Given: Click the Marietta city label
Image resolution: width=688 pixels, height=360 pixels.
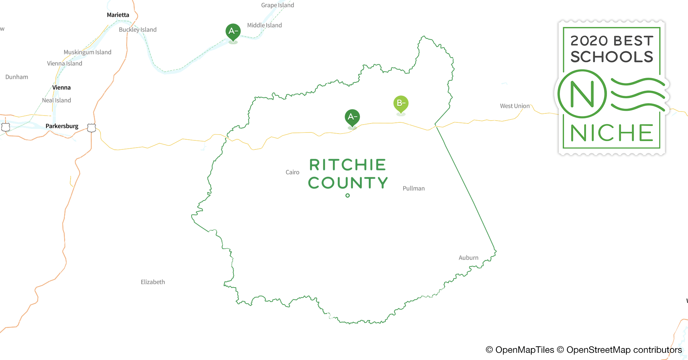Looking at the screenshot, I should tap(118, 15).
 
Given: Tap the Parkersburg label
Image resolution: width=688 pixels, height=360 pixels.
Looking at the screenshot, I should tap(62, 126).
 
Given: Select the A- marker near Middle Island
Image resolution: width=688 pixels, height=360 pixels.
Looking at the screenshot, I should tap(233, 32).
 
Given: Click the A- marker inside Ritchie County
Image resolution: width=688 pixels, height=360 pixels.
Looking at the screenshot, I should tap(352, 117).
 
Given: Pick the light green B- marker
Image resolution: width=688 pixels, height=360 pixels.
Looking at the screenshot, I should tap(401, 104).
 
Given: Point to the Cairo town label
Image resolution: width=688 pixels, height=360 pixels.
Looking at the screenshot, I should tap(292, 172).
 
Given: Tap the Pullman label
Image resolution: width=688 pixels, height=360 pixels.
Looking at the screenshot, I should tap(414, 188).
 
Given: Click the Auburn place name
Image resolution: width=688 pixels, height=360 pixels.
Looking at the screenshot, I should tap(468, 258).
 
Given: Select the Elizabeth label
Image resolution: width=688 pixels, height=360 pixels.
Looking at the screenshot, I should tap(153, 282).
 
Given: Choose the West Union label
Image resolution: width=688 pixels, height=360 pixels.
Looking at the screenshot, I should tap(515, 106).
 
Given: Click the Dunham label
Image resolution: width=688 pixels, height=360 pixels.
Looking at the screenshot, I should tap(17, 77).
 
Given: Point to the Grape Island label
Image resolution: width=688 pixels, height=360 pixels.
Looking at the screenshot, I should tap(277, 5).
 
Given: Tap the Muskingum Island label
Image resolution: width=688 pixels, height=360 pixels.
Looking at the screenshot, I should tap(88, 52).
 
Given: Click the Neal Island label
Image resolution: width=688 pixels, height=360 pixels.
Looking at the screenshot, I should tap(57, 100).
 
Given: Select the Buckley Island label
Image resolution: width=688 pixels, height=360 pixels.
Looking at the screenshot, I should tap(138, 30).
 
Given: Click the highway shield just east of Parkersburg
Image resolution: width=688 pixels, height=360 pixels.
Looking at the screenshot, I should tap(91, 128).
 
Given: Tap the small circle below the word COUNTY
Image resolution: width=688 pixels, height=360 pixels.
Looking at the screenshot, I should tap(348, 195).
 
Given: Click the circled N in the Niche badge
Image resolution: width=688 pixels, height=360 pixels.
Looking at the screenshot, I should tap(582, 94).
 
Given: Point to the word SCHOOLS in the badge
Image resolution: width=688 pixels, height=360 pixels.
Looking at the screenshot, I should tap(612, 57).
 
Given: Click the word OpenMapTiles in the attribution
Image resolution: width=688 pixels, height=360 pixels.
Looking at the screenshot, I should tap(524, 350).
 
